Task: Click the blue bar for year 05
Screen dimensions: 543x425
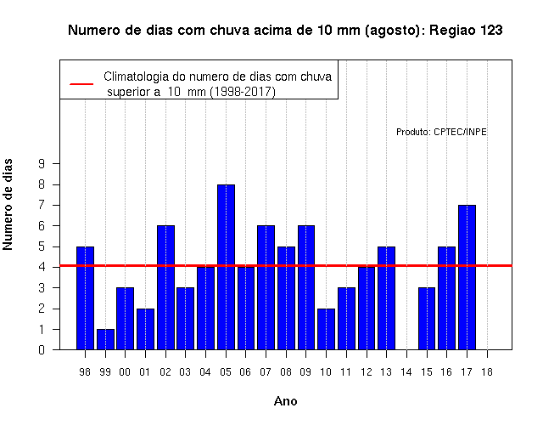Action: (226, 267)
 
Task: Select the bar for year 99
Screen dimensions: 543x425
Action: (105, 339)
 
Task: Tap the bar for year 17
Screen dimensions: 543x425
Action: (467, 277)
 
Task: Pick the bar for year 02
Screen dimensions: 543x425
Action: (165, 287)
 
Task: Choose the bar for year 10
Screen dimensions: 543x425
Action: (326, 329)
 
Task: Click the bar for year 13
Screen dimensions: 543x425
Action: (387, 298)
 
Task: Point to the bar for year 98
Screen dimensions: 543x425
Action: (85, 298)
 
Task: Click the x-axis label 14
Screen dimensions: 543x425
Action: (406, 372)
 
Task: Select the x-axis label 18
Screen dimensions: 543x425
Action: (486, 372)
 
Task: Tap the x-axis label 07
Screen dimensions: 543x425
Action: (266, 372)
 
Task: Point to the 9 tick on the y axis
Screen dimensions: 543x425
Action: (42, 163)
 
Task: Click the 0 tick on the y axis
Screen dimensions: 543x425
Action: (42, 349)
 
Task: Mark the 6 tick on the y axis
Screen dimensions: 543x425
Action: (42, 226)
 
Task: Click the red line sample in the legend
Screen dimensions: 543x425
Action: (81, 84)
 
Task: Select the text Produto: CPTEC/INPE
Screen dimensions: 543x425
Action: (441, 132)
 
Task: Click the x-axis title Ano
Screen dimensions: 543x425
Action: (285, 401)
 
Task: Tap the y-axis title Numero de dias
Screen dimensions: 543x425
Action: (8, 204)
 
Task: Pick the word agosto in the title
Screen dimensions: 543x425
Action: (392, 31)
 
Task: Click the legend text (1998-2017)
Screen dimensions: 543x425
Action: (244, 92)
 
